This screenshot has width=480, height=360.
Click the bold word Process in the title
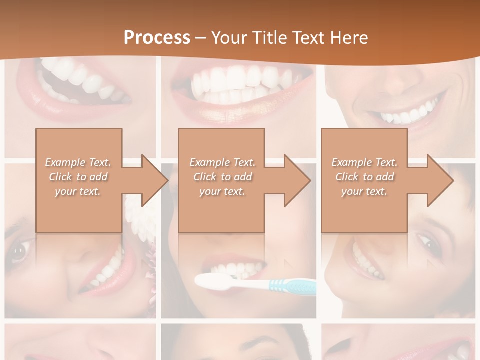pyautogui.click(x=157, y=38)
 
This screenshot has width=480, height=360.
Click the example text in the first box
pyautogui.click(x=78, y=177)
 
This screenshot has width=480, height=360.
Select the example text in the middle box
pyautogui.click(x=222, y=177)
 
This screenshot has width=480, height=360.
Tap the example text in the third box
pyautogui.click(x=364, y=177)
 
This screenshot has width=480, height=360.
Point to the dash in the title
pyautogui.click(x=200, y=38)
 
